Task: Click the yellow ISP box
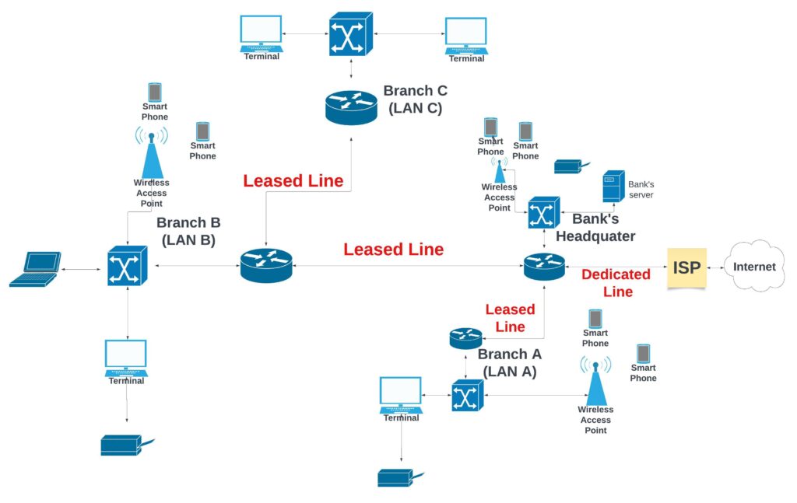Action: pos(686,267)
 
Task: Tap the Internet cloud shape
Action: pos(754,267)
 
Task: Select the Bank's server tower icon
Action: pos(614,187)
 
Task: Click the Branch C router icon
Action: pos(351,107)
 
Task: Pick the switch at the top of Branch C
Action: pos(351,33)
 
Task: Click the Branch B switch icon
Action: pos(127,266)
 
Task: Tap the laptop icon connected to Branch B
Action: pos(34,269)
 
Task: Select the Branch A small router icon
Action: pos(465,337)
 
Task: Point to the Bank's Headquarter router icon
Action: pos(544,267)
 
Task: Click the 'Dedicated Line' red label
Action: pos(616,283)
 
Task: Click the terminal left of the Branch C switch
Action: pos(261,33)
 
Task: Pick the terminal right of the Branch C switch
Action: pos(466,36)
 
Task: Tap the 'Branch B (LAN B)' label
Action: pos(188,231)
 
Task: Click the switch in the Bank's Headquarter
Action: pos(543,212)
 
